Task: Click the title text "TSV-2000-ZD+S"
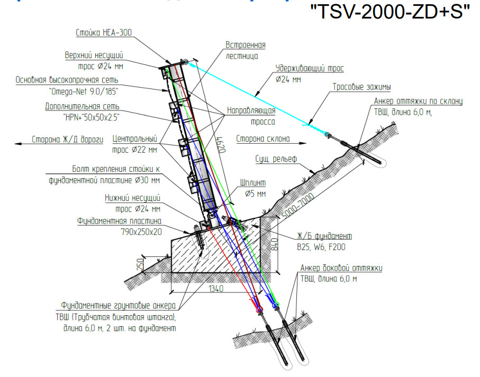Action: point(390,13)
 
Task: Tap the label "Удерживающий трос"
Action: point(310,69)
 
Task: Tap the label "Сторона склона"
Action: point(262,140)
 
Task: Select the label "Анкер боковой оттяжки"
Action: point(341,269)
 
